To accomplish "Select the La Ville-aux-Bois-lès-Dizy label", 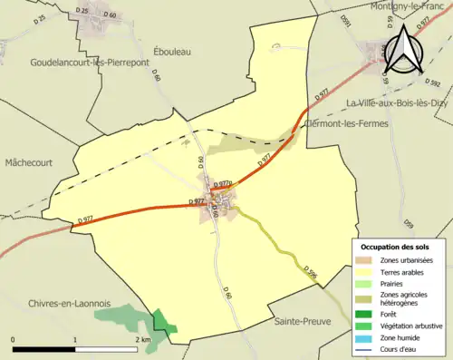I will click(394, 102).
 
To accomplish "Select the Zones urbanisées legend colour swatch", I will click(363, 259).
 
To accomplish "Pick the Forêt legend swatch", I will click(363, 309).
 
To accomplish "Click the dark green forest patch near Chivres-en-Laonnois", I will click(163, 322).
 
